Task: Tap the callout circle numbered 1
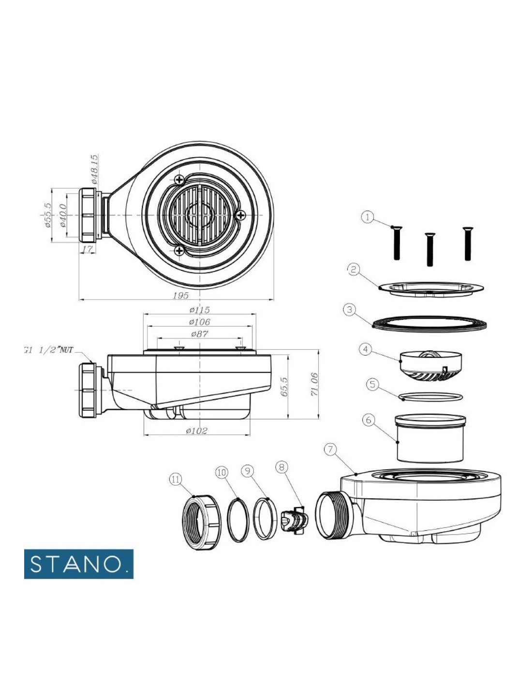(368, 217)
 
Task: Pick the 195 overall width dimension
(181, 295)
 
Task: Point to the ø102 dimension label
(196, 431)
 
